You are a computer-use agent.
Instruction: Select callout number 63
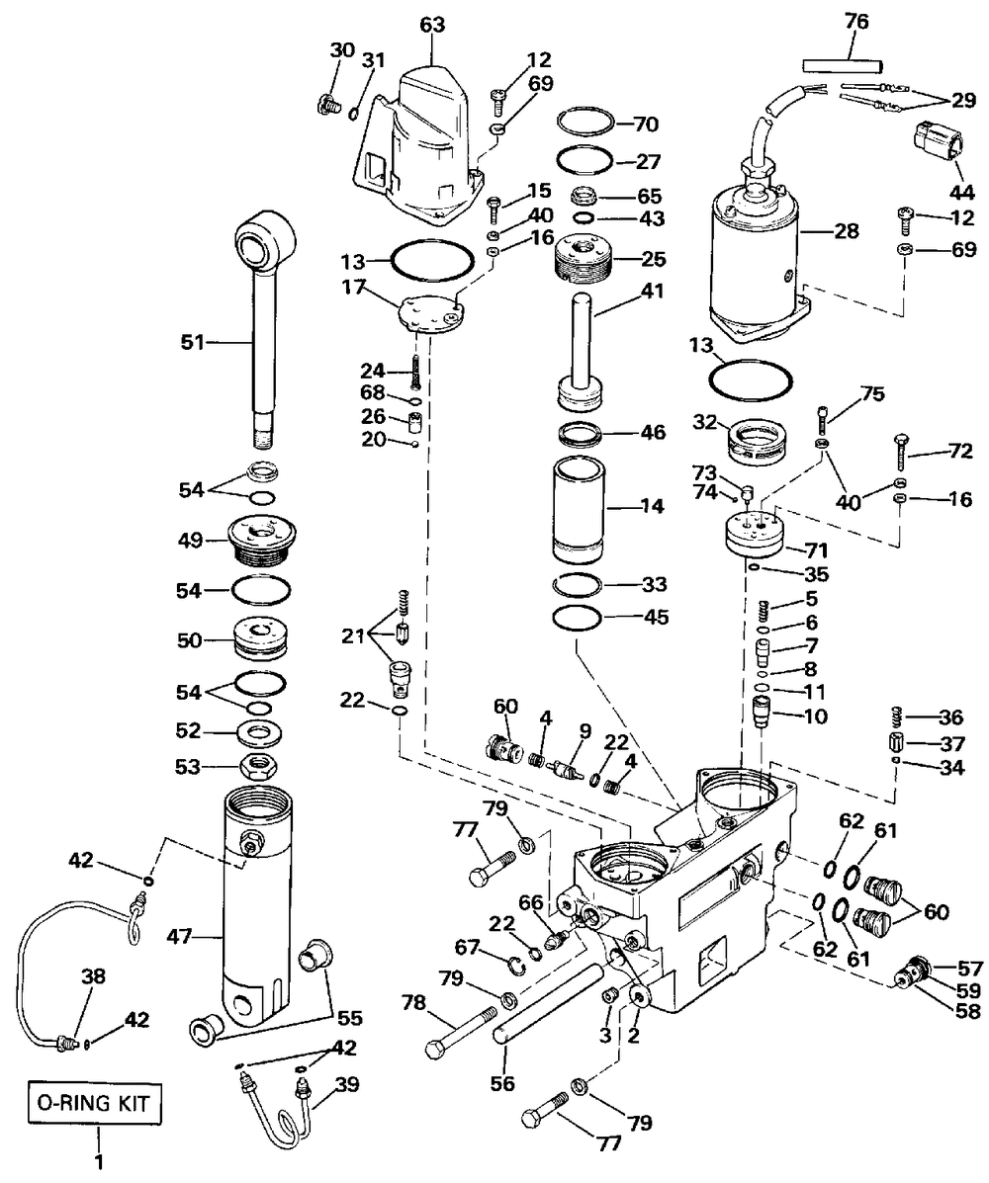pos(432,26)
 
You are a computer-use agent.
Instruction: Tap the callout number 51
pos(192,343)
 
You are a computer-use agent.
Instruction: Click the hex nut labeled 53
pos(260,765)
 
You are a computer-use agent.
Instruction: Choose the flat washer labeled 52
pos(261,732)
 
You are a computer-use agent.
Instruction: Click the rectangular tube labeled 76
pos(842,67)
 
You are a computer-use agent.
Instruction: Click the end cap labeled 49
pos(260,540)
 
